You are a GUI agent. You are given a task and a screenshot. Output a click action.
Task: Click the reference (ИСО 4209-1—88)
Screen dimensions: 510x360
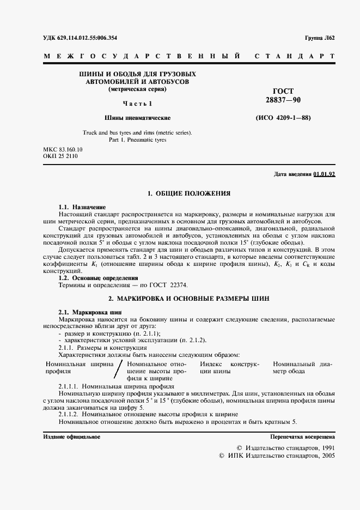(283, 118)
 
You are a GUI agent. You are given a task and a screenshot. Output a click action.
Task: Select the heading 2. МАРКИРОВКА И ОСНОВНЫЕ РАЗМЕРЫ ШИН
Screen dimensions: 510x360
(189, 299)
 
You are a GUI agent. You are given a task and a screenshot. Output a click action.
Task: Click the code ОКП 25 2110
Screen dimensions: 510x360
(60, 156)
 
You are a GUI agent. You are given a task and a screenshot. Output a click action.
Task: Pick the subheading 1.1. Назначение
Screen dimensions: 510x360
(82, 208)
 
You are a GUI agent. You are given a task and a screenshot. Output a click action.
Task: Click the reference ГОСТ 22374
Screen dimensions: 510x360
(173, 285)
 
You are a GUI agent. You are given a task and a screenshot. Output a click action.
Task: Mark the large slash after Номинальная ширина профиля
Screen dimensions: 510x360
(118, 370)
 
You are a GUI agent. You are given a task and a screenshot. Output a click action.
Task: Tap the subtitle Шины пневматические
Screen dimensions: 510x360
(137, 118)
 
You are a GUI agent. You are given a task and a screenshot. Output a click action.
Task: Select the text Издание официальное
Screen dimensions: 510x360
(71, 437)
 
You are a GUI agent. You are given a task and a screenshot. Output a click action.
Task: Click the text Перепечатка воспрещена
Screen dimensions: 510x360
(303, 437)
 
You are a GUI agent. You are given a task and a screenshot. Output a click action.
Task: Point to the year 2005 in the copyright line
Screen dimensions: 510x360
(328, 454)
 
